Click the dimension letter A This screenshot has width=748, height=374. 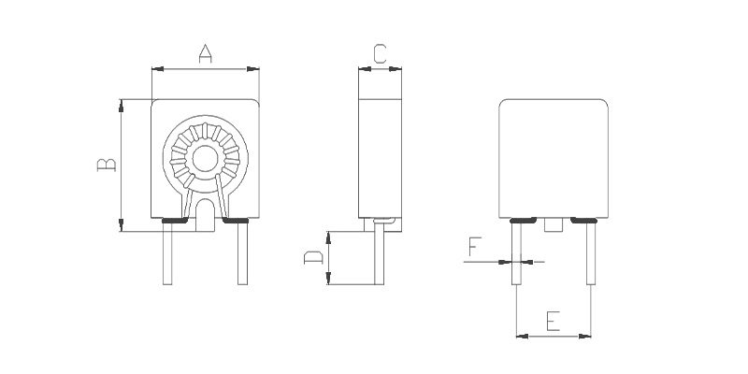click(x=205, y=54)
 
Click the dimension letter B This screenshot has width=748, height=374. click(x=107, y=165)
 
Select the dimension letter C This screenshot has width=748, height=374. click(x=380, y=54)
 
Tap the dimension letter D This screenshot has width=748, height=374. click(x=313, y=258)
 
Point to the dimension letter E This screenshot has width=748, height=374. click(x=553, y=321)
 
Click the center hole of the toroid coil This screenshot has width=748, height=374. click(x=205, y=159)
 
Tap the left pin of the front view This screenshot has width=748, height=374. click(x=167, y=253)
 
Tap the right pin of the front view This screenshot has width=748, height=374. click(x=243, y=253)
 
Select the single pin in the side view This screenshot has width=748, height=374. click(x=380, y=252)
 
